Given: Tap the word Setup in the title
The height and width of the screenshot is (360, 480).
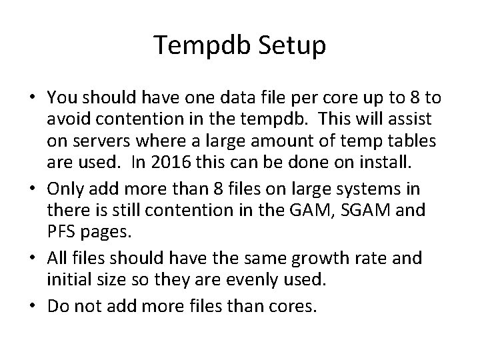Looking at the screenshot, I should [x=290, y=46].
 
